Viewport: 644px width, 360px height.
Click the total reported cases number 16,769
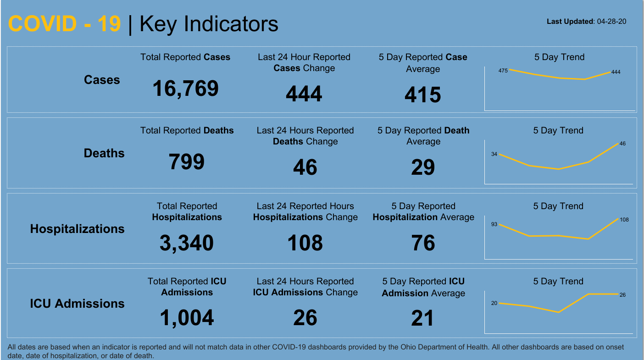pos(185,89)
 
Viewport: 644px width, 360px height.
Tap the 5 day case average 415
pos(422,95)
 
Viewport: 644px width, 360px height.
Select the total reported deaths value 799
pos(186,162)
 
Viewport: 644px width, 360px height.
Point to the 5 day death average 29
pos(422,167)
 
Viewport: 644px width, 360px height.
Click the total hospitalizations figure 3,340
pos(186,243)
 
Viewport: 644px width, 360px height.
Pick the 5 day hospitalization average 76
pos(422,243)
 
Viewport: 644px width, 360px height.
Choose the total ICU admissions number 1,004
pos(186,318)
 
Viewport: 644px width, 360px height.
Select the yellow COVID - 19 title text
pos(64,24)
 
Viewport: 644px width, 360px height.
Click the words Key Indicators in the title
pos(209,24)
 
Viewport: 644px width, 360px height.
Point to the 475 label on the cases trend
pos(503,71)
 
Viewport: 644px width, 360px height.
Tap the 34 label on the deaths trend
pos(494,154)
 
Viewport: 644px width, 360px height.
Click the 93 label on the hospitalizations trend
pos(494,224)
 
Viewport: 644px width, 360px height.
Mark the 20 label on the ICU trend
pos(494,303)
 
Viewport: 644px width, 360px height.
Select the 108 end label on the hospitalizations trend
pos(624,220)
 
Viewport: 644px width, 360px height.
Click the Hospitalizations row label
pos(77,229)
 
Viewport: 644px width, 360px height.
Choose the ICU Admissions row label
pos(77,304)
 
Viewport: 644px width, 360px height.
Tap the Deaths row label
pos(104,153)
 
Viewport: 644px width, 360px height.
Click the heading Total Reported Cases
pos(185,57)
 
